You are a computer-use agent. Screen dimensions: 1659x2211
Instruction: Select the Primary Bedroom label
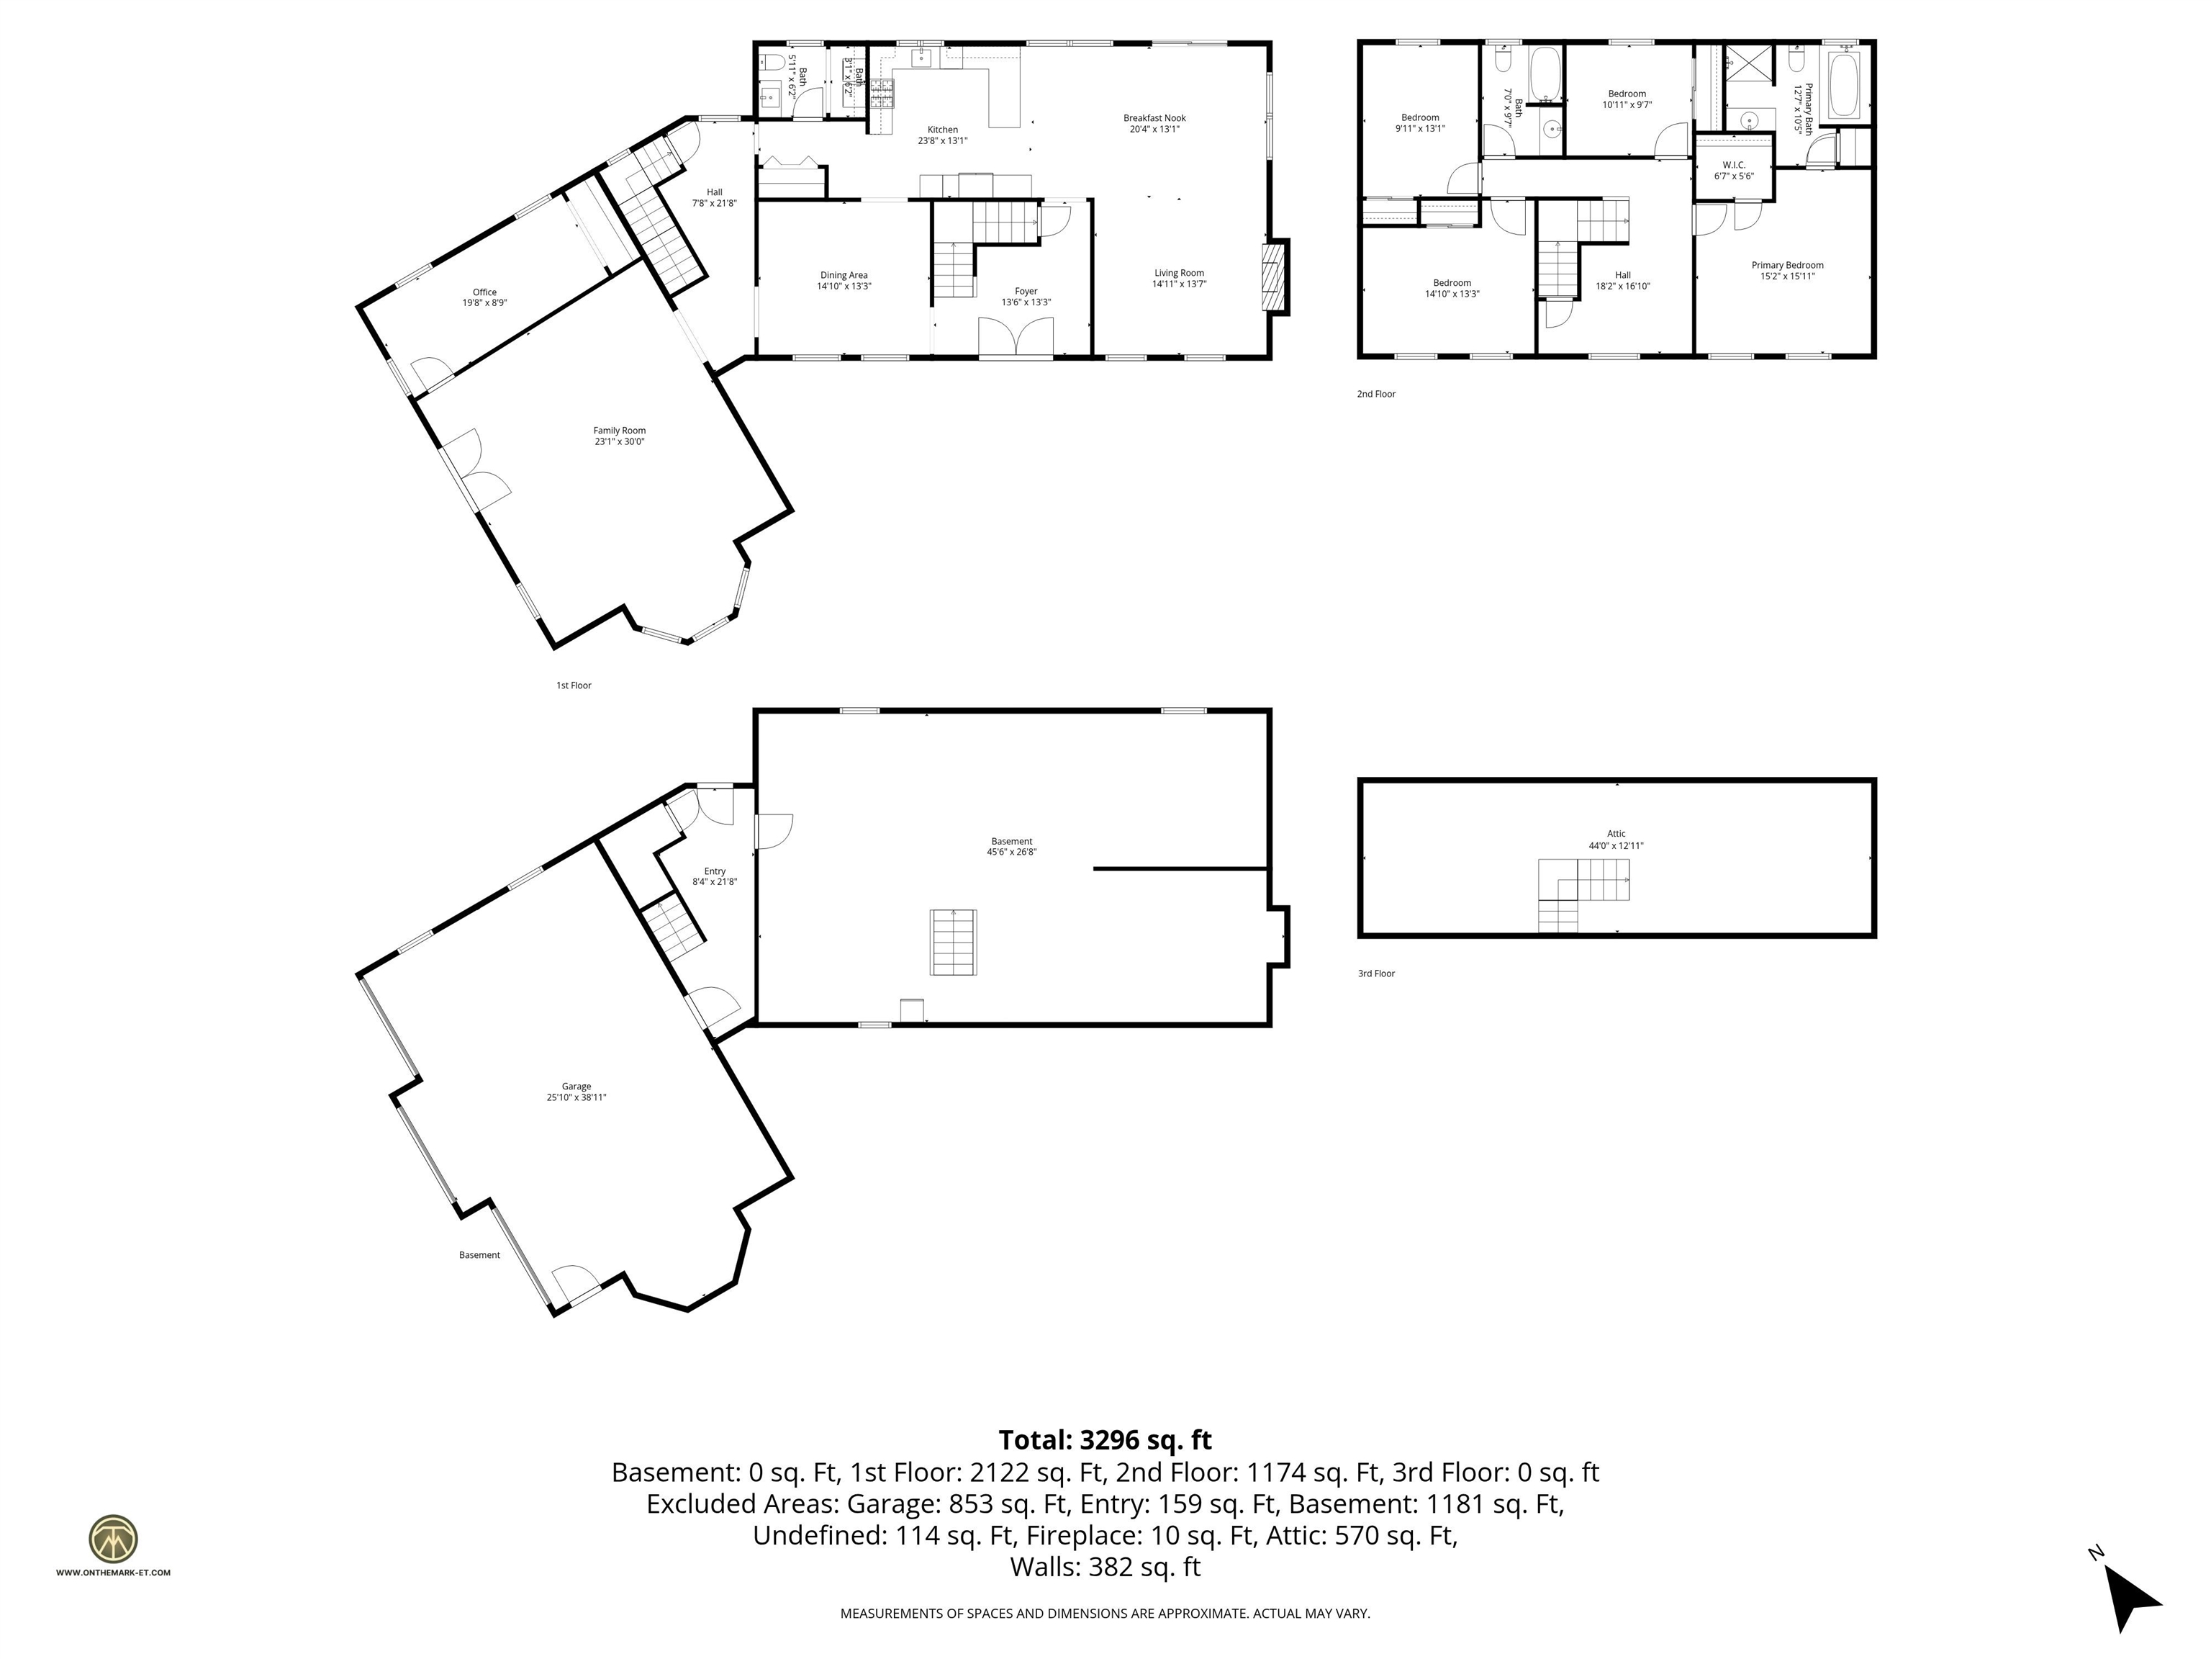tap(1787, 270)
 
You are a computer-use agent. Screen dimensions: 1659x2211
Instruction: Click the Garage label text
tap(576, 1091)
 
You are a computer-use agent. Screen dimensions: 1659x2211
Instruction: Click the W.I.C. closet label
tap(1733, 170)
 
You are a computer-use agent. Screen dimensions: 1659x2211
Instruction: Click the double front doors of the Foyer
tap(1016, 337)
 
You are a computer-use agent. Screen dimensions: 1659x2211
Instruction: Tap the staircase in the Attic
tap(1584, 893)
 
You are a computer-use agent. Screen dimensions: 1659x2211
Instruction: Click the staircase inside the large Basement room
tap(954, 941)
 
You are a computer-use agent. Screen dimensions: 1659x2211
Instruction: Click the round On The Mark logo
tap(113, 1539)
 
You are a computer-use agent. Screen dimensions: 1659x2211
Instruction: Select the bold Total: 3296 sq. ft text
tap(1105, 1440)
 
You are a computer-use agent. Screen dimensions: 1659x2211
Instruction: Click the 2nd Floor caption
tap(1375, 394)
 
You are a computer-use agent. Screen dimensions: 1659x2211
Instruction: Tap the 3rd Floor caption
tap(1375, 973)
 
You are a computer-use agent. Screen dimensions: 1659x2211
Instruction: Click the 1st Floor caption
tap(574, 685)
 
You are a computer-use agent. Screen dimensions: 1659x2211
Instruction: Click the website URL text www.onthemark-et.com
tap(113, 1572)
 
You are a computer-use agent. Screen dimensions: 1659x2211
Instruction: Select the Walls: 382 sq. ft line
tap(1105, 1567)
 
